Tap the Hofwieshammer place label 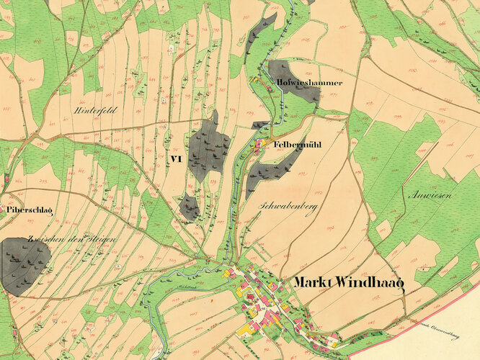click(309, 83)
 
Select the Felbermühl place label click(297, 145)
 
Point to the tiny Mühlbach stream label click(179, 287)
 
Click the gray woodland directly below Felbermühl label click(270, 173)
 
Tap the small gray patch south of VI click(189, 207)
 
